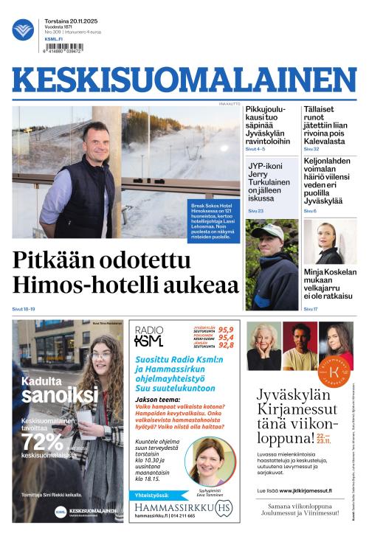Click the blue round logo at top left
pyautogui.click(x=23, y=29)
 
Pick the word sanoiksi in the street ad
pyautogui.click(x=60, y=396)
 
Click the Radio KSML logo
pyautogui.click(x=149, y=336)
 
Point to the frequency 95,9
pyautogui.click(x=225, y=330)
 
